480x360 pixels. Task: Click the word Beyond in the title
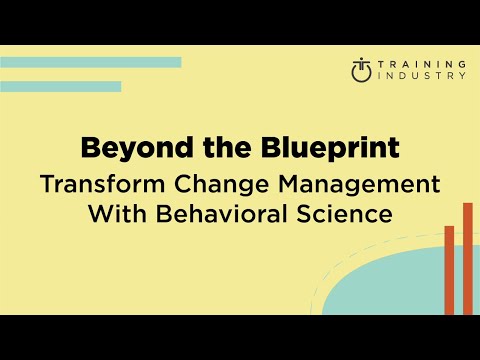[x=126, y=149]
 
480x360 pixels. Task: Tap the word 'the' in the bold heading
[x=203, y=149]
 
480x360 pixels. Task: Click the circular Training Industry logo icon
[x=362, y=70]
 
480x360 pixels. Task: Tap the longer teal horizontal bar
[x=90, y=62]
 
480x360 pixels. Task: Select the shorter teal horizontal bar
[x=60, y=86]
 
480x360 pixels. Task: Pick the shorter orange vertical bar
[x=449, y=269]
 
